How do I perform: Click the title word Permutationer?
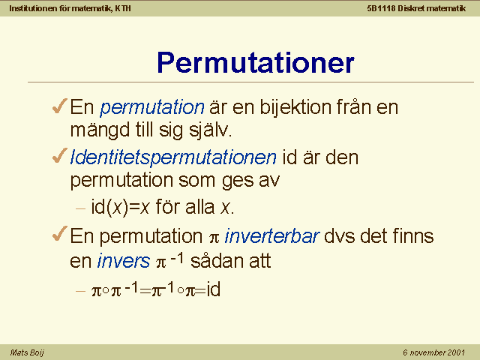(x=256, y=63)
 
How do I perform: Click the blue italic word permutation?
(x=152, y=108)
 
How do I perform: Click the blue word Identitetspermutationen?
(x=173, y=158)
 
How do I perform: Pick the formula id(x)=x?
(x=120, y=207)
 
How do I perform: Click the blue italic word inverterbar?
(x=272, y=236)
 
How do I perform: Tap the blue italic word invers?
(x=124, y=261)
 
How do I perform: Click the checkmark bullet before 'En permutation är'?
(x=60, y=106)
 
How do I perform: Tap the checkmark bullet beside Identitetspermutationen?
(x=60, y=155)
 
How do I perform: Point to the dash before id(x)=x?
(x=80, y=209)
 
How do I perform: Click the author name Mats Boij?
(x=27, y=352)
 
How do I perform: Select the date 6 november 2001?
(x=434, y=352)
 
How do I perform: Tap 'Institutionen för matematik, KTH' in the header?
(x=70, y=8)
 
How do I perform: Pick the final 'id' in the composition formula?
(x=213, y=289)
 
